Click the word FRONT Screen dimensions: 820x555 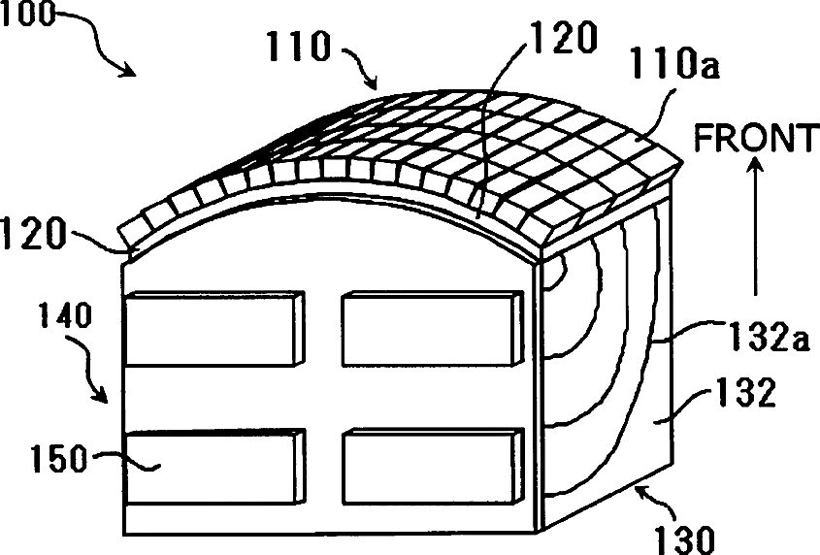coord(757,140)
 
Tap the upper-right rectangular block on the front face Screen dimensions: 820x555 coord(428,328)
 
